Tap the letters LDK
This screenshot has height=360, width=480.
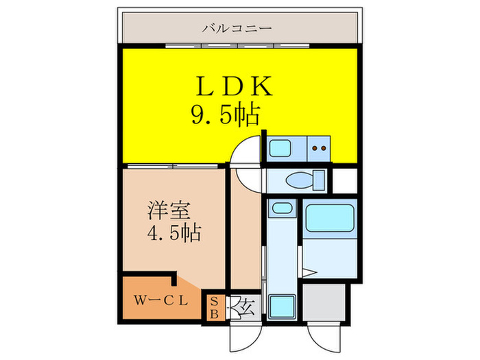235,88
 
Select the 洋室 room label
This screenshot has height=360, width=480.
165,208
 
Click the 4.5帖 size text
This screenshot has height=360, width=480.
174,233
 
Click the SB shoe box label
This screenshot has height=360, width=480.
214,307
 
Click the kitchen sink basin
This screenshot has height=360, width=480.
279,147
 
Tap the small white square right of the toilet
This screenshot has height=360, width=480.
344,179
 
